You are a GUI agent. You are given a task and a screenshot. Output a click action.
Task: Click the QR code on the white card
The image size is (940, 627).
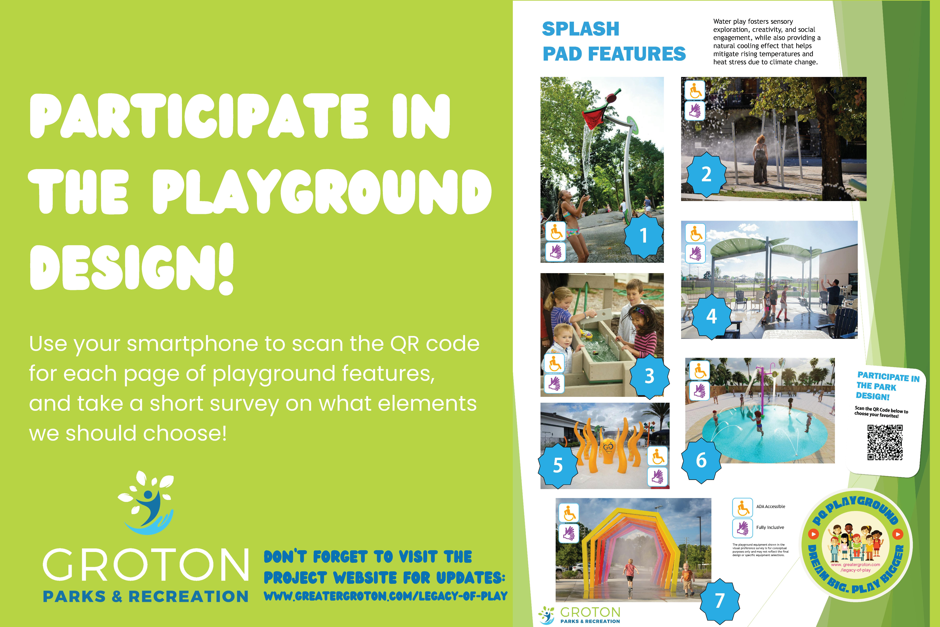[x=885, y=443]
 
